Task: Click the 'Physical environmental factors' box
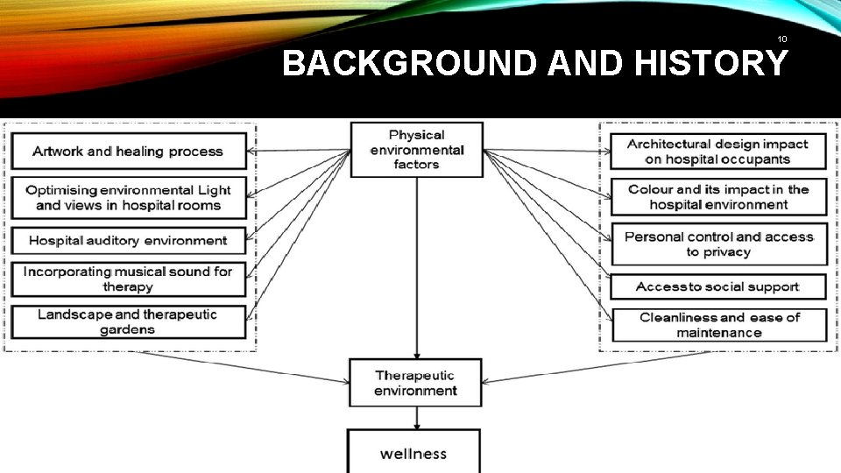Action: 416,149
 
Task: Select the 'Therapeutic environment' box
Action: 415,383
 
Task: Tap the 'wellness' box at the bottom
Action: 413,453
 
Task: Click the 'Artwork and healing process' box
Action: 128,152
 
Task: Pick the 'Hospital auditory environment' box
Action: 128,240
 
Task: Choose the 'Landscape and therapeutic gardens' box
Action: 128,321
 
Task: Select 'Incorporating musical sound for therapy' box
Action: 128,279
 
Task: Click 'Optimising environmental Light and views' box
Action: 128,197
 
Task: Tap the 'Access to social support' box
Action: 717,286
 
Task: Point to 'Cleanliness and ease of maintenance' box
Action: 719,325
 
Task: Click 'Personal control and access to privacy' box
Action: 719,244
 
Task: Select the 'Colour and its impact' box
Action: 718,197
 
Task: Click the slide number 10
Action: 781,39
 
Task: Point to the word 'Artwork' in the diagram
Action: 58,152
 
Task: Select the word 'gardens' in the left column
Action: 127,330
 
